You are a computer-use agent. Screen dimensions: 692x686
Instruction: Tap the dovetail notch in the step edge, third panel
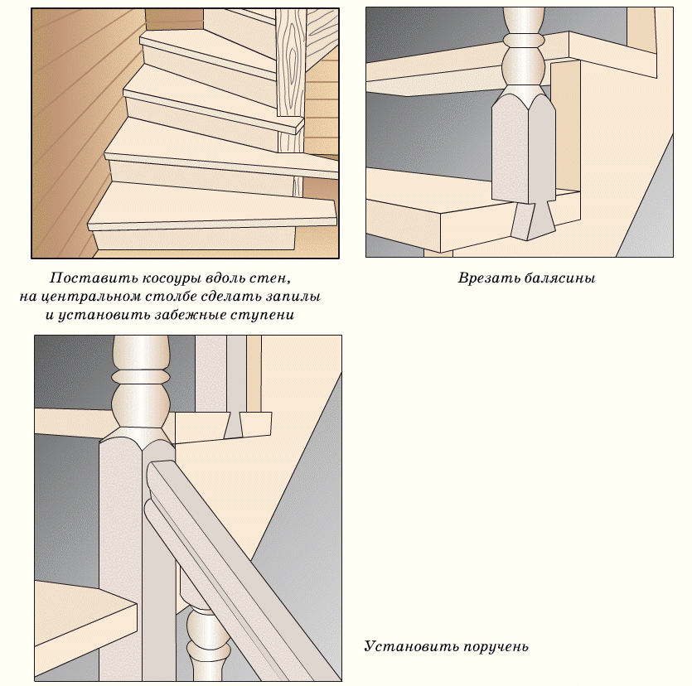coord(233,425)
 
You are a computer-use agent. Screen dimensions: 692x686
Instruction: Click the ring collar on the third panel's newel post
coord(141,376)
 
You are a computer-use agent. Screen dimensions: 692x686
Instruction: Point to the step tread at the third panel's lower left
coord(86,617)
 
